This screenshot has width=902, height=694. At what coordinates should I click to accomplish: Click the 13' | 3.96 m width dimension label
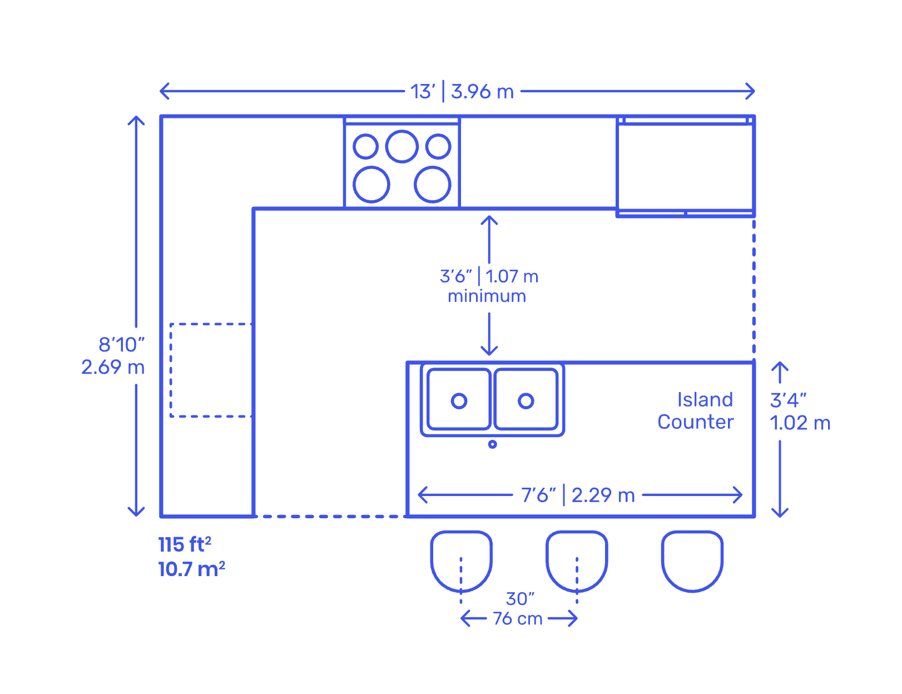(462, 91)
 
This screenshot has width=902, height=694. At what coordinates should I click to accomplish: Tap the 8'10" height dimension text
(121, 345)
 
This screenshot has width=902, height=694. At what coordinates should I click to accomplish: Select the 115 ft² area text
(185, 544)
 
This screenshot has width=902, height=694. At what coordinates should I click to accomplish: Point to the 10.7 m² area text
(191, 569)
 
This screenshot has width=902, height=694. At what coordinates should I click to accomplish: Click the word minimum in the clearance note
(487, 296)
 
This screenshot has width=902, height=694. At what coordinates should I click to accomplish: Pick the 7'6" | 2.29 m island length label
(577, 495)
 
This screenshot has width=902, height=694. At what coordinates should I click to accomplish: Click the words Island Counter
(695, 410)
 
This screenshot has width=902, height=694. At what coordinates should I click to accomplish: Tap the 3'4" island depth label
(788, 400)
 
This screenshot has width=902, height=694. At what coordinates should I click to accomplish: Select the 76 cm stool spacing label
(518, 618)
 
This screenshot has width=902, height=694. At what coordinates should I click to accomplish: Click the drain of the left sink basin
(459, 401)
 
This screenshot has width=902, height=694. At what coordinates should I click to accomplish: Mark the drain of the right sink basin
(526, 401)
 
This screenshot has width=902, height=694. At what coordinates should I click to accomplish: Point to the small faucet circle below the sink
(492, 444)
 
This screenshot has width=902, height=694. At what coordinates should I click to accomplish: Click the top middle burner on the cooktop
(402, 146)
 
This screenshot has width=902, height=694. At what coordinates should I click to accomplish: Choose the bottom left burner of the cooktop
(371, 185)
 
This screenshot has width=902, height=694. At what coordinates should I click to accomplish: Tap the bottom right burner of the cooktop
(432, 185)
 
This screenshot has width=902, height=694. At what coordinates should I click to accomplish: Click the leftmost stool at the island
(461, 561)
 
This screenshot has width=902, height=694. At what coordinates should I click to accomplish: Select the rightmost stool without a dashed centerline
(692, 561)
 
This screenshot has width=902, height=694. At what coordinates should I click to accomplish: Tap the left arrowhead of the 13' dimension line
(161, 91)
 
